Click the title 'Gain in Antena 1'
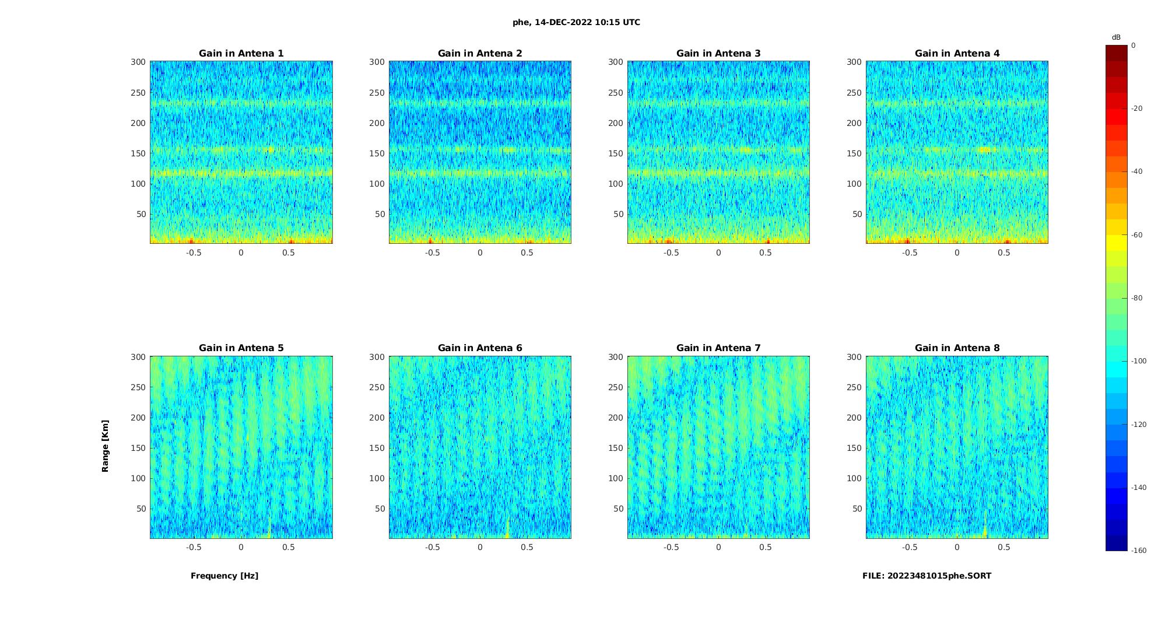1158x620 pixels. coord(241,54)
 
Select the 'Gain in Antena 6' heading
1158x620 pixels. coord(480,348)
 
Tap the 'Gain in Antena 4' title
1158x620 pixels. coord(957,54)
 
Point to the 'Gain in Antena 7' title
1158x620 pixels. coord(718,348)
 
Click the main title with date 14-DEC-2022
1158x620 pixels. coord(576,23)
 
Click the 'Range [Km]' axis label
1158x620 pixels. coord(106,446)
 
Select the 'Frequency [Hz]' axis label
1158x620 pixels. coord(224,576)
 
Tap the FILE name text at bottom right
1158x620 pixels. coord(927,576)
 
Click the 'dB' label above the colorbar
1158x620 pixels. coord(1116,37)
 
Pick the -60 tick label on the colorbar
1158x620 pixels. coord(1137,235)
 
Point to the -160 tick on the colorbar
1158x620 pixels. coord(1139,551)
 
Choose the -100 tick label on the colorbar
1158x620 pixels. coord(1139,361)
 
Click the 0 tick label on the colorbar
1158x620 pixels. coord(1134,45)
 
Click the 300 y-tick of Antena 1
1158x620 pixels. coord(138,62)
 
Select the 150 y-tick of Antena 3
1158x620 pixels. coord(616,153)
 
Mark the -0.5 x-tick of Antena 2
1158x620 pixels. coord(432,253)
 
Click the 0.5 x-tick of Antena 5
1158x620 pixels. coord(289,547)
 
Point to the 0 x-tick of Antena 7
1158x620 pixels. coord(718,547)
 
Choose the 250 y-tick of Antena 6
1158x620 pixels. coord(377,387)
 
